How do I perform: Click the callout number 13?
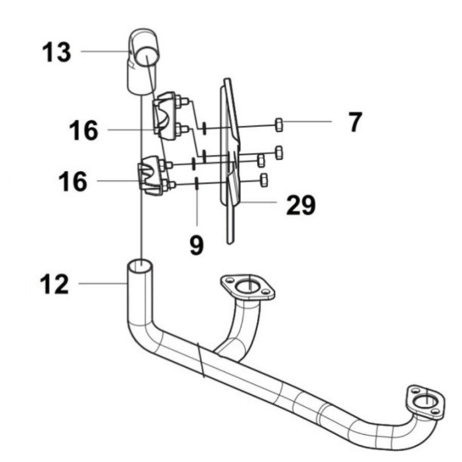pos(56,52)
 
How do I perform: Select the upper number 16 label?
pos(83,130)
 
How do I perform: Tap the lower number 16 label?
pos(72,181)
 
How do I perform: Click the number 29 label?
pos(301,206)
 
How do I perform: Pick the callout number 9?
pos(196,245)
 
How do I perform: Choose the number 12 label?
pos(54,284)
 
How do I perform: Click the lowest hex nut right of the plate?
pos(264,179)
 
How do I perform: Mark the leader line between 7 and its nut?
pos(308,122)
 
